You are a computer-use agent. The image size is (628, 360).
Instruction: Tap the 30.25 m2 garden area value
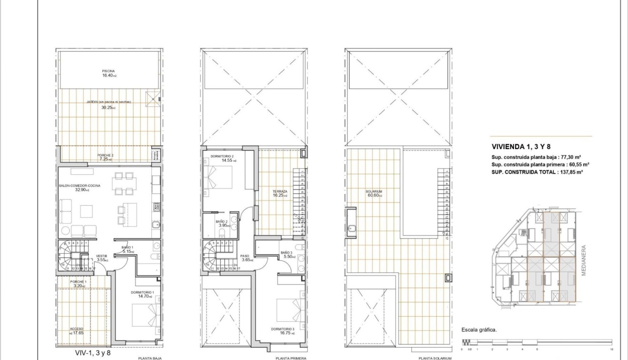click(x=108, y=108)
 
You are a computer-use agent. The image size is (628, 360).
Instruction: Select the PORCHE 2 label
click(x=105, y=155)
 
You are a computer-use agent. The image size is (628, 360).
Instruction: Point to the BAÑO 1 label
click(x=127, y=248)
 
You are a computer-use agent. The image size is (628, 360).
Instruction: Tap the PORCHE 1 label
click(x=79, y=282)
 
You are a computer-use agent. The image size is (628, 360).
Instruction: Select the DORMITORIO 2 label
click(x=221, y=156)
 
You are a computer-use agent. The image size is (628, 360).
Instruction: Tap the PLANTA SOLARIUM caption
click(x=432, y=358)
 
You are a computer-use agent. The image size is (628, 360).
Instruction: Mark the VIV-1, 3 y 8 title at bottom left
click(x=93, y=353)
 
